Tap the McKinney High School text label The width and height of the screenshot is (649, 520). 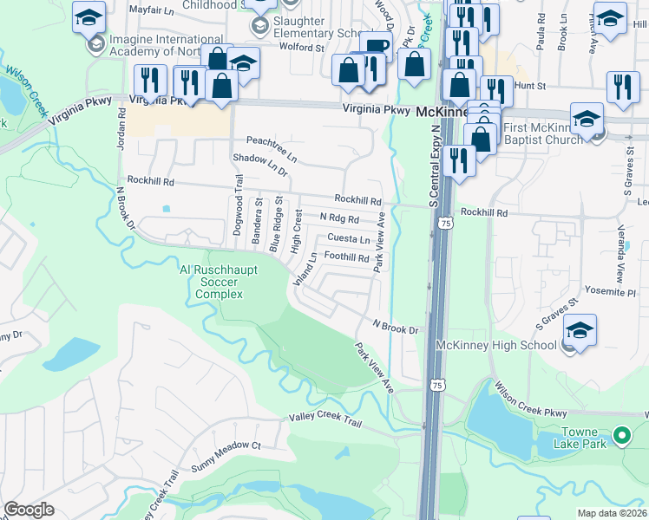tap(497, 345)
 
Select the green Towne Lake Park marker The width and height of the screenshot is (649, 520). tap(621, 435)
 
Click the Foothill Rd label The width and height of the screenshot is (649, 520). tap(346, 257)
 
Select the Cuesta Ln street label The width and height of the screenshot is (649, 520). tap(349, 239)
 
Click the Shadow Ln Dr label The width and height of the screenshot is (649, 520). tap(259, 161)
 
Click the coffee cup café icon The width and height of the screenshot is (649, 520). tap(375, 45)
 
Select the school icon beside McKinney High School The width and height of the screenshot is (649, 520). tap(580, 329)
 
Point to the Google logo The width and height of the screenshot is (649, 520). tap(29, 510)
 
